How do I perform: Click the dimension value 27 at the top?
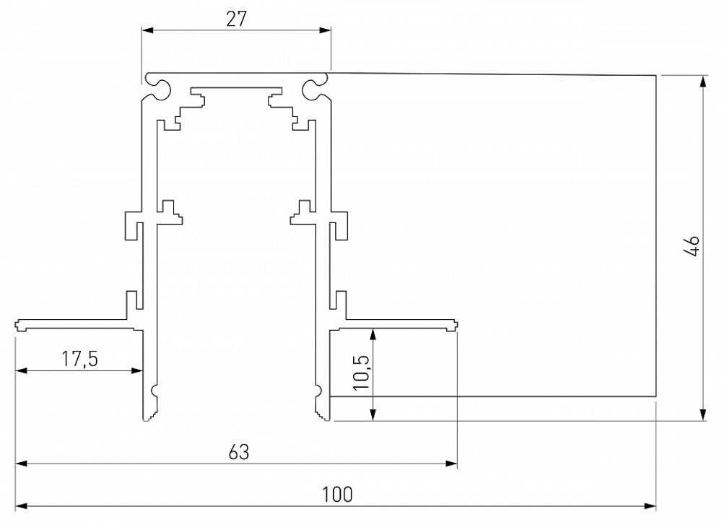click(x=236, y=19)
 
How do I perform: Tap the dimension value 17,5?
click(x=79, y=358)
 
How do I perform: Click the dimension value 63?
click(x=238, y=453)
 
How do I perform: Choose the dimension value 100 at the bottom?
click(x=337, y=495)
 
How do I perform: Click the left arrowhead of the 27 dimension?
click(x=144, y=30)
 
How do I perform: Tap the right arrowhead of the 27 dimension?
click(x=327, y=30)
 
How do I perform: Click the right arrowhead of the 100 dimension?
click(x=651, y=505)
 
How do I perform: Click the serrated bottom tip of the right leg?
click(x=321, y=414)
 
